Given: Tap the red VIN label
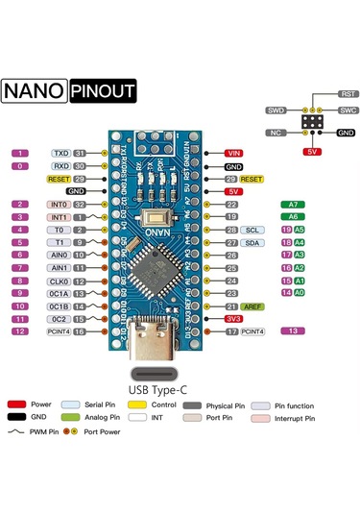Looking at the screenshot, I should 233,153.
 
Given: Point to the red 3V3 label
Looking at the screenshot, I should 233,318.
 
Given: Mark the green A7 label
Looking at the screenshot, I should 293,205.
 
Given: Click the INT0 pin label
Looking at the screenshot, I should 59,205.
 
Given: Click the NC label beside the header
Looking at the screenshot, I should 276,132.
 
